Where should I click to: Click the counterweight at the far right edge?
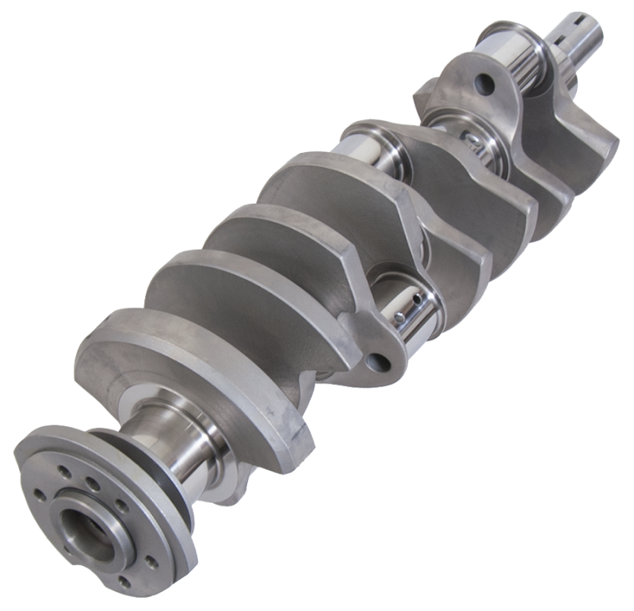point(586,155)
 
